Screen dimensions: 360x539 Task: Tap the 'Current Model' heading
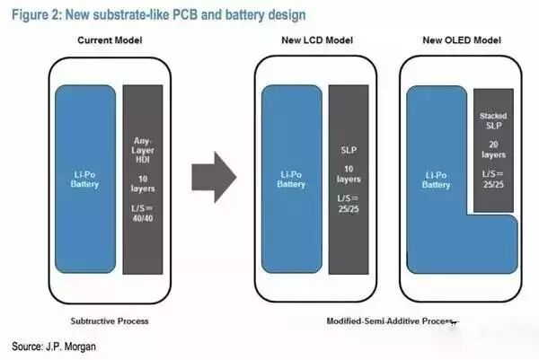click(110, 41)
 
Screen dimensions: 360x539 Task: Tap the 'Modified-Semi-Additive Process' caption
click(388, 320)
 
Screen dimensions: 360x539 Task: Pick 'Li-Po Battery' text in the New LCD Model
click(291, 179)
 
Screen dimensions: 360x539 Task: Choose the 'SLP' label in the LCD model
click(349, 149)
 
